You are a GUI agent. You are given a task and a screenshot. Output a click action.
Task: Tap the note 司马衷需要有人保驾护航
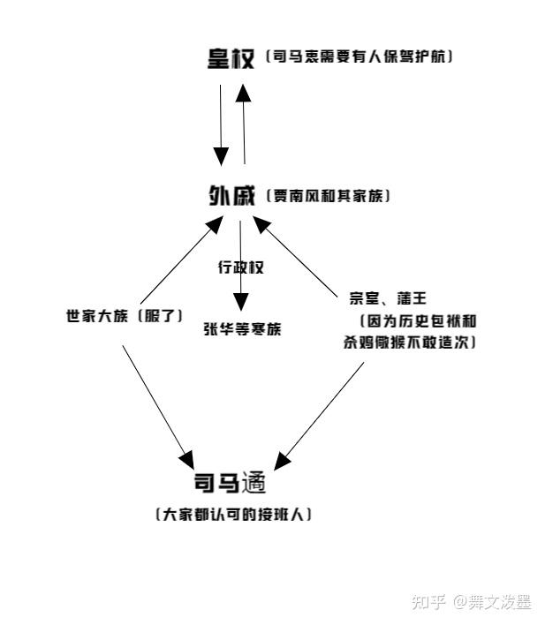[360, 57]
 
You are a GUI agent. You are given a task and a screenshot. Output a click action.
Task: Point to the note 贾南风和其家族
[328, 196]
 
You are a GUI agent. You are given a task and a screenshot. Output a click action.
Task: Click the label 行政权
[241, 267]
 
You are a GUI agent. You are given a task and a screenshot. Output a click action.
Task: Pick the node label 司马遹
[230, 484]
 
